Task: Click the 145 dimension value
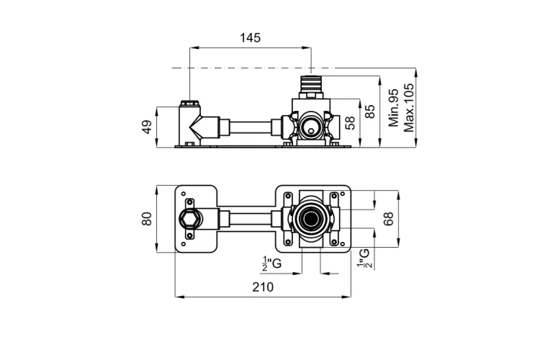tap(251, 37)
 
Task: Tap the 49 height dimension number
tap(147, 127)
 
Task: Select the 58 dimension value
tap(351, 122)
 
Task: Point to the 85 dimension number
tap(370, 112)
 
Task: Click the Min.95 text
tap(393, 107)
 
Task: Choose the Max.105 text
tap(409, 107)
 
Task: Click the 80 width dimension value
tap(147, 219)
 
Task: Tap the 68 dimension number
tap(388, 219)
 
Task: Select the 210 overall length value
tap(263, 287)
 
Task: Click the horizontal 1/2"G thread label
tap(271, 264)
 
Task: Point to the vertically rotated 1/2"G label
tap(364, 258)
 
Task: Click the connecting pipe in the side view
tap(251, 128)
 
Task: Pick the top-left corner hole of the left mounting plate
tap(184, 194)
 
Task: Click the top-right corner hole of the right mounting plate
tap(342, 194)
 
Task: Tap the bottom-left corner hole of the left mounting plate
tap(184, 244)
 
